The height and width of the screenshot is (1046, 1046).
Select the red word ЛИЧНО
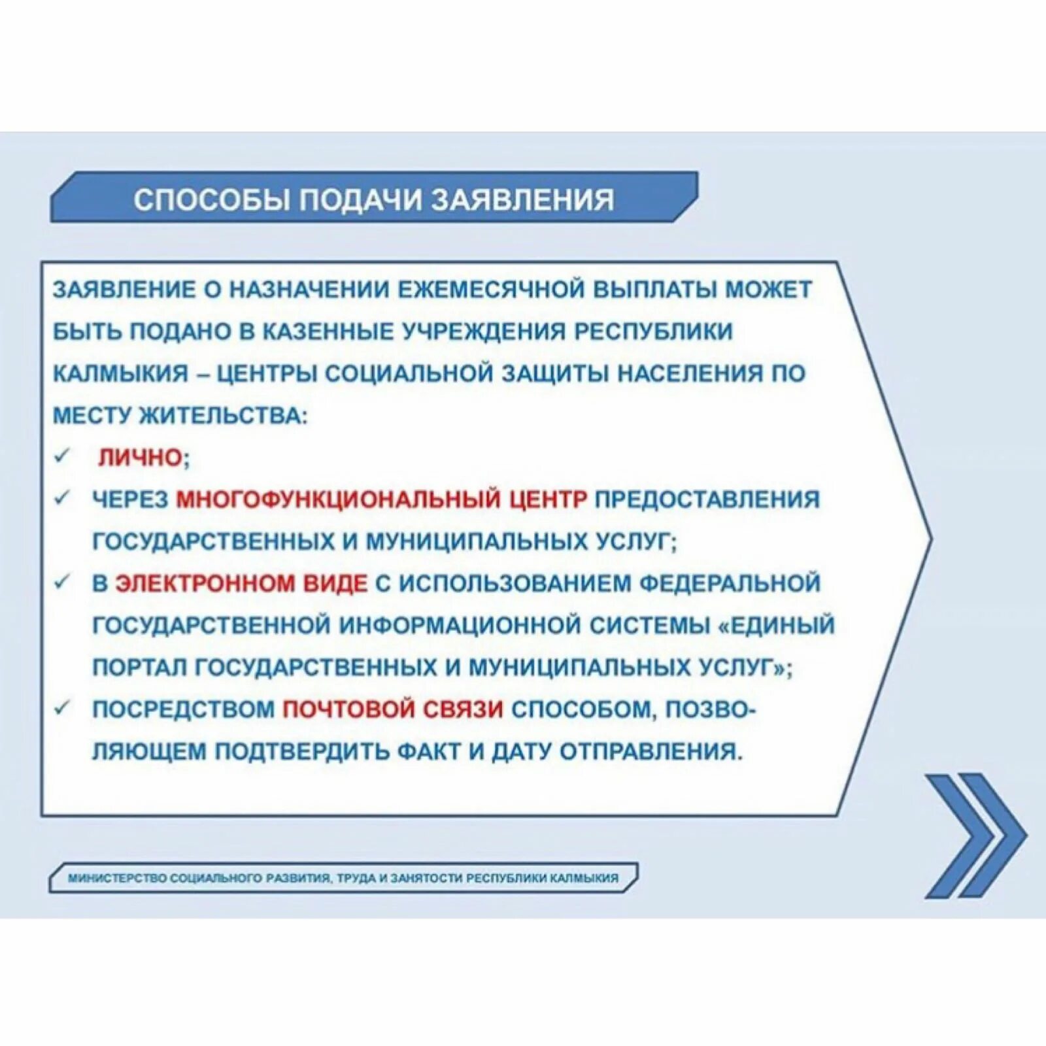pos(140,458)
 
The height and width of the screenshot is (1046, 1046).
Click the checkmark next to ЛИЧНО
pos(62,456)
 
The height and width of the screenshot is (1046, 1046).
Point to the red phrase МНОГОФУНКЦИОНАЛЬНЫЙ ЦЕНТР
pos(382,499)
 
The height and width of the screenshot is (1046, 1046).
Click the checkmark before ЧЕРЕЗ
pos(62,498)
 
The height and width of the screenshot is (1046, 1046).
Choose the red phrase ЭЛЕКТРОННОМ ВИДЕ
pos(241,583)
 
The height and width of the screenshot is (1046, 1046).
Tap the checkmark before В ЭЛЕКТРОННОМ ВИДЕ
pos(62,581)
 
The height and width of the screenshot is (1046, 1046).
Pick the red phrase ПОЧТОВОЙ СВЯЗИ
pos(393,709)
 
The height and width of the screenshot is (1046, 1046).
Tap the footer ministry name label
pos(343,878)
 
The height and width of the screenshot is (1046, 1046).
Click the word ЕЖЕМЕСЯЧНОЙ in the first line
pos(491,290)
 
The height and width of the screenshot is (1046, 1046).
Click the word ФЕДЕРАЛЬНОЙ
pos(729,583)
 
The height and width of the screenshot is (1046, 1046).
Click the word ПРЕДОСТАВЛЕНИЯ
pos(707,499)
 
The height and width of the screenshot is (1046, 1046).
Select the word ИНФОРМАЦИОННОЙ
pos(460,625)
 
